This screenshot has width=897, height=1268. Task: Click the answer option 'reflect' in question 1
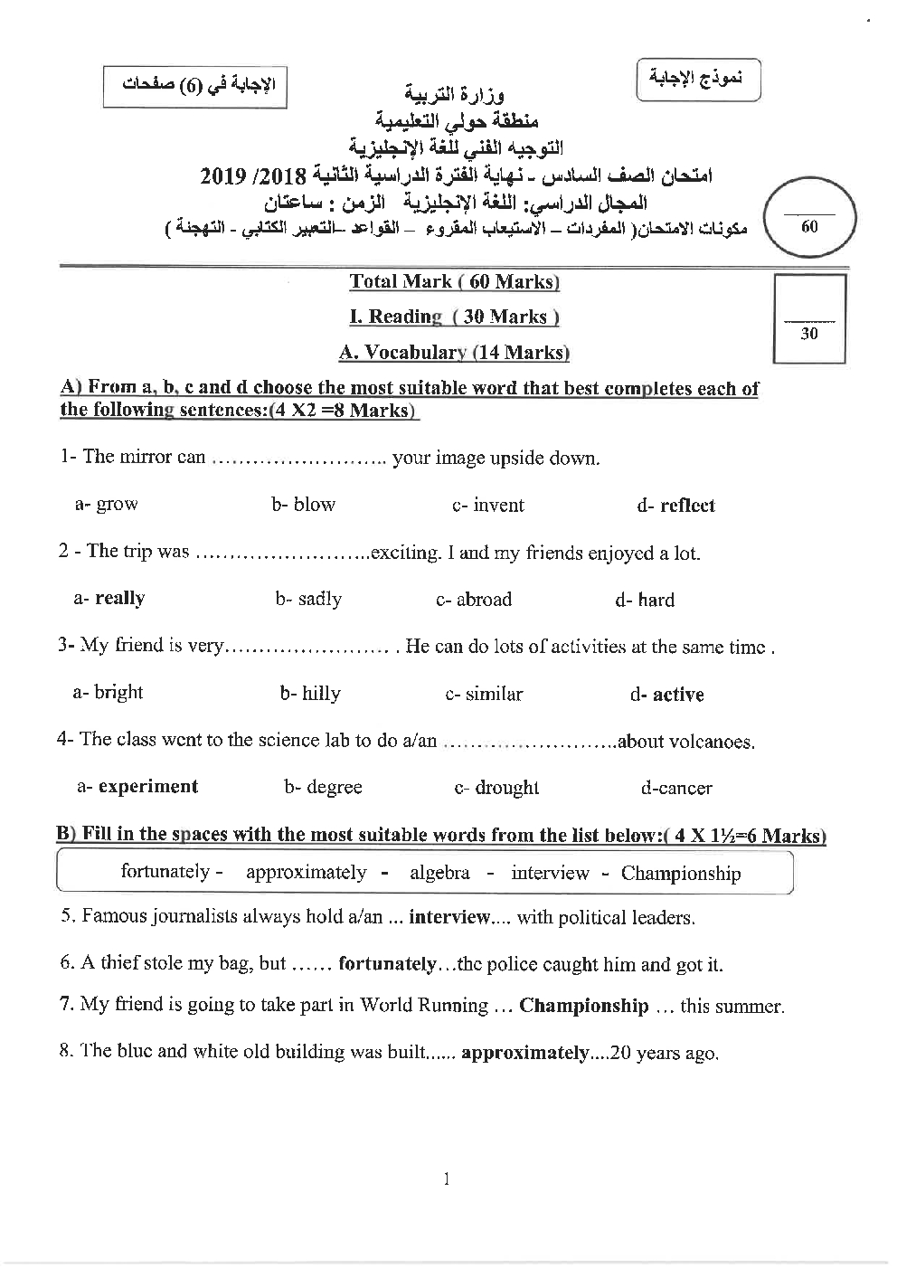(x=687, y=506)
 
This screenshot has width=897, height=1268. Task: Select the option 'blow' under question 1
(x=315, y=505)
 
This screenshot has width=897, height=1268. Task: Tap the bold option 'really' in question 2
(x=119, y=598)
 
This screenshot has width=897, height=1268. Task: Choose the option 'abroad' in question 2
(x=484, y=600)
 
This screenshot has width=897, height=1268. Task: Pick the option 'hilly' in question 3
(x=321, y=694)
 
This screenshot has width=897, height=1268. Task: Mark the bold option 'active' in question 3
(x=677, y=695)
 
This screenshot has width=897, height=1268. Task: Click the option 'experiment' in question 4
(x=147, y=786)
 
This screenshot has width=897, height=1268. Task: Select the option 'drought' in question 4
(x=506, y=788)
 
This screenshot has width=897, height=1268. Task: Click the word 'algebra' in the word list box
(x=439, y=873)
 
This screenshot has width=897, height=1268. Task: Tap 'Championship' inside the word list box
(x=680, y=874)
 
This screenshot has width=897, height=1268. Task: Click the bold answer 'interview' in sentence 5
(x=449, y=917)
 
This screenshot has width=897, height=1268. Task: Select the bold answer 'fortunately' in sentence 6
(x=387, y=964)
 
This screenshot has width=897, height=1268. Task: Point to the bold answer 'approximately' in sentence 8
(x=524, y=1053)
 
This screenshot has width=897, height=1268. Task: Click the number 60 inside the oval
(x=809, y=227)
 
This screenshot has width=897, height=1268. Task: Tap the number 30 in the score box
(x=809, y=334)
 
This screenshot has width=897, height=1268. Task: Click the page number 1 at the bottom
(x=448, y=1178)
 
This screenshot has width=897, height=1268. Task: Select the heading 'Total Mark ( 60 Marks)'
(x=454, y=281)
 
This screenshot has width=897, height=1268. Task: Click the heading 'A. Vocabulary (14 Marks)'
(x=454, y=353)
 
